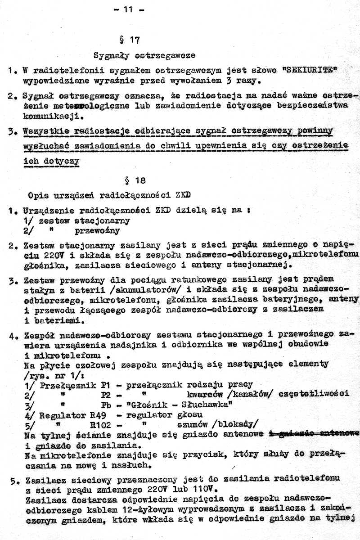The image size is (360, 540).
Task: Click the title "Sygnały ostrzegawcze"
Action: [x=144, y=56]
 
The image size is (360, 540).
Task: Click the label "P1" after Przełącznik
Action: [x=106, y=385]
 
